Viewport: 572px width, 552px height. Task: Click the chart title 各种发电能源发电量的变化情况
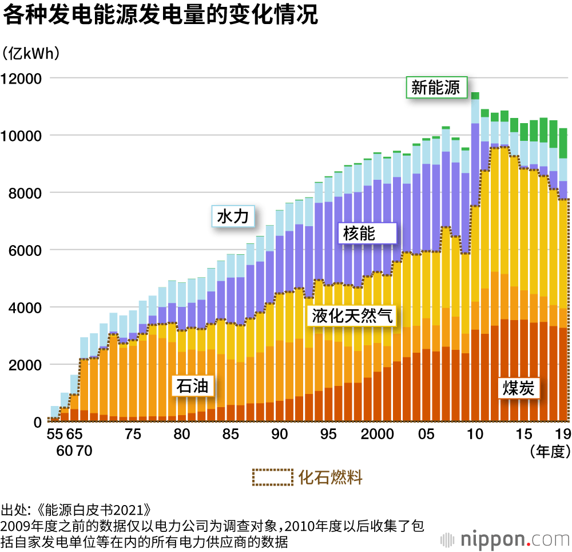pyautogui.click(x=160, y=15)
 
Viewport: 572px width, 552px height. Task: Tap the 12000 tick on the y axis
pyautogui.click(x=22, y=78)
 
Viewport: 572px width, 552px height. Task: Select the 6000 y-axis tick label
pyautogui.click(x=22, y=250)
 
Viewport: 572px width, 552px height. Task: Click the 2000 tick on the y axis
pyautogui.click(x=22, y=365)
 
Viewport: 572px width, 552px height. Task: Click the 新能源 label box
pyautogui.click(x=436, y=88)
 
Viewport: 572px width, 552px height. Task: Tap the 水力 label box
pyautogui.click(x=233, y=216)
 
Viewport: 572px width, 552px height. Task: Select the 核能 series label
pyautogui.click(x=359, y=233)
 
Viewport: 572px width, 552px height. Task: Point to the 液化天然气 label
pyautogui.click(x=352, y=316)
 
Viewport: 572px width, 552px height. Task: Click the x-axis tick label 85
pyautogui.click(x=231, y=435)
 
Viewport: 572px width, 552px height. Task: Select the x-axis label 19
pyautogui.click(x=563, y=435)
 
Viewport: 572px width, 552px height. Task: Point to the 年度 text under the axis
pyautogui.click(x=550, y=451)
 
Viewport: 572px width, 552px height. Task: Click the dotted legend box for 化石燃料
pyautogui.click(x=272, y=478)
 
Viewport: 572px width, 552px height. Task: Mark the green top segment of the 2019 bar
pyautogui.click(x=563, y=143)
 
